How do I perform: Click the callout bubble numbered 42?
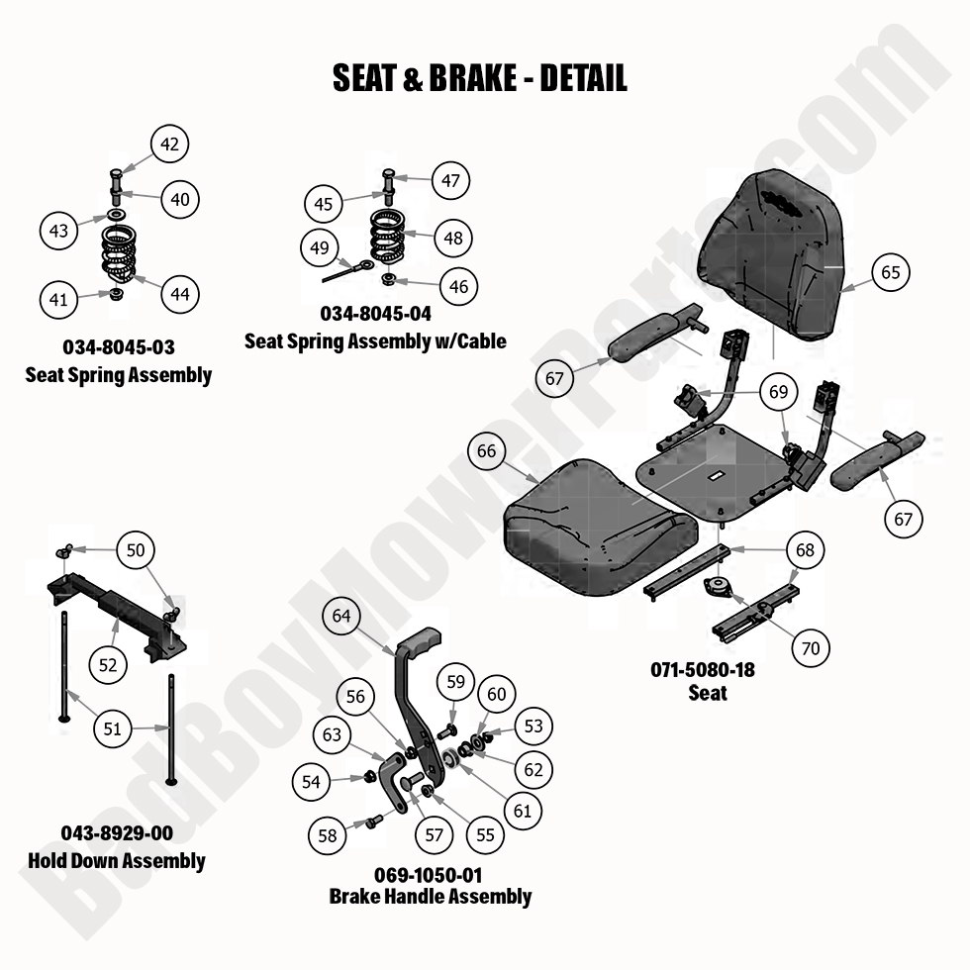pos(169,144)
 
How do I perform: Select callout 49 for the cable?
pos(319,248)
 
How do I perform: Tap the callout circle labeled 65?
pos(891,271)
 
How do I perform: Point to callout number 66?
pos(486,451)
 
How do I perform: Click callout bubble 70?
pos(810,649)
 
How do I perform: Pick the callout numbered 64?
pos(341,616)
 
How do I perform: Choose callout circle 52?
pos(108,665)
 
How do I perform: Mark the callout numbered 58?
pos(328,835)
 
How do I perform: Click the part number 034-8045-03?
pos(118,348)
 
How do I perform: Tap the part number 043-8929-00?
pos(118,834)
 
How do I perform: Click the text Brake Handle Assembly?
pos(430,897)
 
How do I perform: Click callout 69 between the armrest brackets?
pos(779,392)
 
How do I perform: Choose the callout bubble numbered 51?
pos(113,728)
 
